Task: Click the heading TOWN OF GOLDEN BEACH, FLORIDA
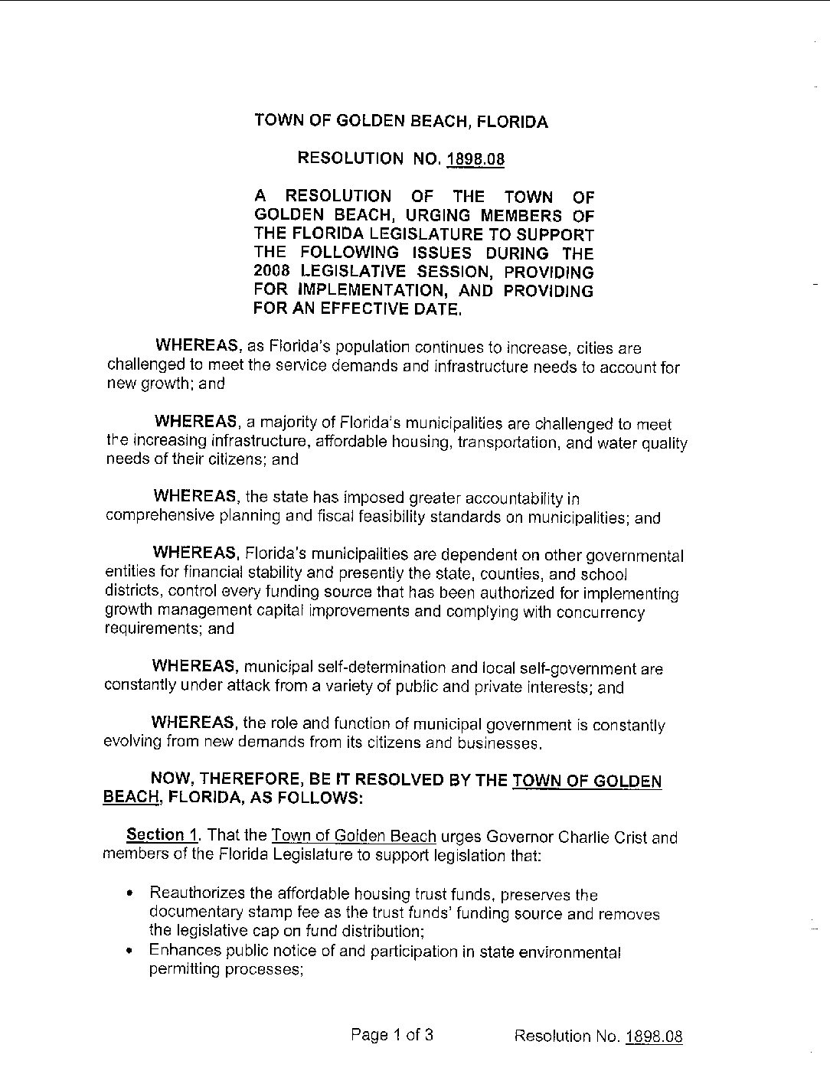[x=401, y=122]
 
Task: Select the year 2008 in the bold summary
[x=273, y=272]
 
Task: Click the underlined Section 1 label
[x=156, y=835]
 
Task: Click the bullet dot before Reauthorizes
[x=132, y=893]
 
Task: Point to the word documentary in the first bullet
[x=194, y=912]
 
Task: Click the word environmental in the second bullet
[x=570, y=952]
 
